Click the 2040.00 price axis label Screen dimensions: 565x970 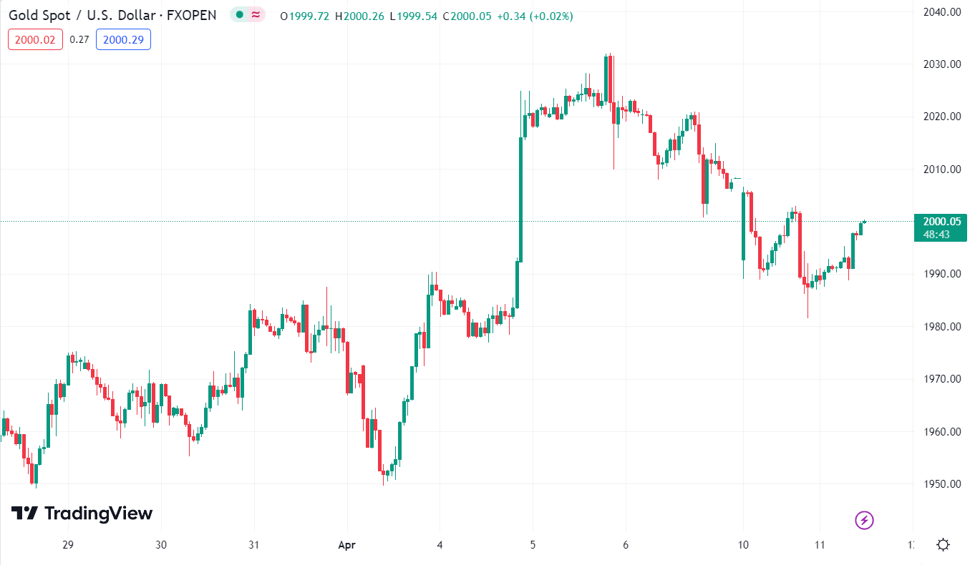click(x=940, y=12)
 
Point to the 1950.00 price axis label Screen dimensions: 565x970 click(x=940, y=484)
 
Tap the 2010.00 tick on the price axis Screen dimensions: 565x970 click(x=940, y=169)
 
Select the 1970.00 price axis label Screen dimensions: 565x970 click(x=940, y=379)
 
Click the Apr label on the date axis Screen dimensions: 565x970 click(x=346, y=545)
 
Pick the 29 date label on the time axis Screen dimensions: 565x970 click(x=68, y=545)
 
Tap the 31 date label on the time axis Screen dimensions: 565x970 click(x=253, y=545)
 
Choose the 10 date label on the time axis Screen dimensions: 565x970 click(x=743, y=545)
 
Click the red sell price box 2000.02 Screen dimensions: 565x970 click(x=35, y=40)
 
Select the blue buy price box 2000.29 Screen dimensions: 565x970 click(x=123, y=40)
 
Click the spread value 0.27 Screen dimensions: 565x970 click(x=79, y=40)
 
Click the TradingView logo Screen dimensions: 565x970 click(x=82, y=514)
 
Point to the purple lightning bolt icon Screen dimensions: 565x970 click(x=864, y=520)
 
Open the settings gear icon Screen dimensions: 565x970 click(x=943, y=545)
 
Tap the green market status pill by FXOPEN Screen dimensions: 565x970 click(x=248, y=15)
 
